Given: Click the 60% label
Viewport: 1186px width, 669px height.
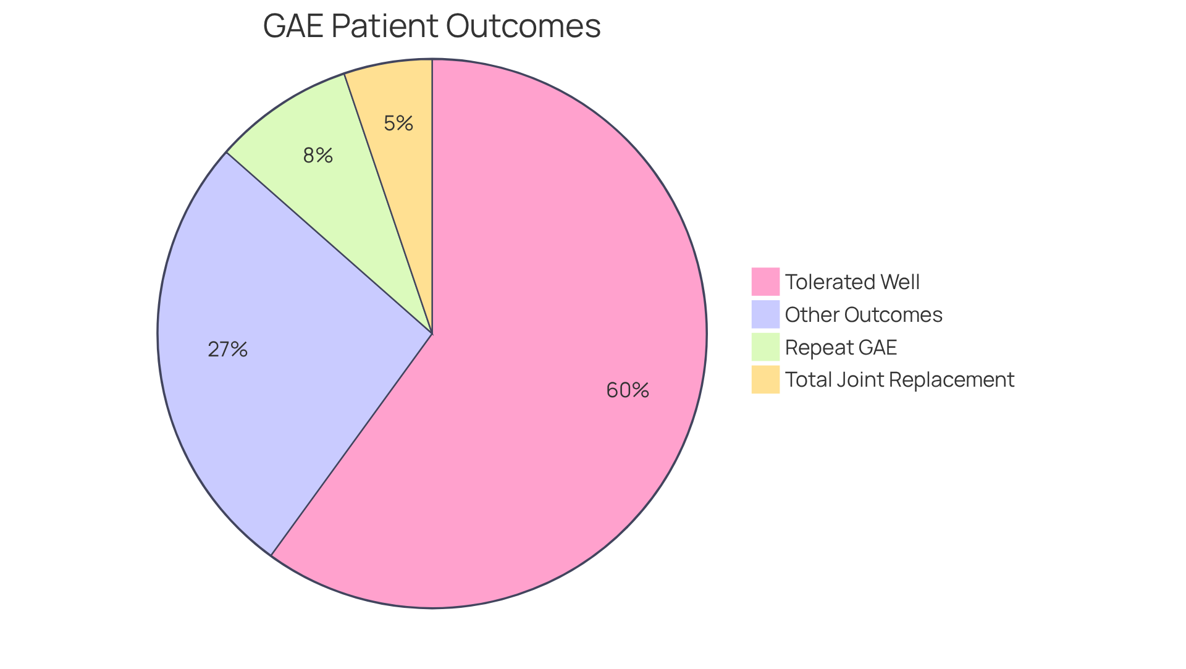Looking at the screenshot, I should click(x=628, y=390).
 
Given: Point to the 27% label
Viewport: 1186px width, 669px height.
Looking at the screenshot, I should click(x=228, y=350).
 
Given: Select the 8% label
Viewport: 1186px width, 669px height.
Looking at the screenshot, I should click(x=318, y=156).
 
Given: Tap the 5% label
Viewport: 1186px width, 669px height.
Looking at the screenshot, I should click(x=398, y=124).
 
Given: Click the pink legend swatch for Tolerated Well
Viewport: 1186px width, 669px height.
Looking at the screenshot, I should click(x=765, y=282).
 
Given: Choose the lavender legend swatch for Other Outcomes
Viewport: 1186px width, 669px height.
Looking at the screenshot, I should click(x=765, y=314).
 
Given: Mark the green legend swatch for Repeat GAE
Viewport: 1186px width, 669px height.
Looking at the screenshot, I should click(x=765, y=347).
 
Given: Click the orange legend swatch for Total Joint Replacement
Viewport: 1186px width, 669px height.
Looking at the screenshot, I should click(x=765, y=379).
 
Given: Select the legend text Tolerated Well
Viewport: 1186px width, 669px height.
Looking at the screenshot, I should click(x=852, y=282).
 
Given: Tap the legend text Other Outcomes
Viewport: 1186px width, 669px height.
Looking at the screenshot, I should click(x=864, y=315).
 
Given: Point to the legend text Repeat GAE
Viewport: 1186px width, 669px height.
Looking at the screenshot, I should click(x=841, y=348).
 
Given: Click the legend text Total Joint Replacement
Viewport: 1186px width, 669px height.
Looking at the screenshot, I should click(x=899, y=380).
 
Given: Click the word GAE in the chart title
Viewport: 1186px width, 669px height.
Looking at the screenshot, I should click(x=293, y=27).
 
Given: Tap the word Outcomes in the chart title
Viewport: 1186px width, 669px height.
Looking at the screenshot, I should click(x=523, y=27).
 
